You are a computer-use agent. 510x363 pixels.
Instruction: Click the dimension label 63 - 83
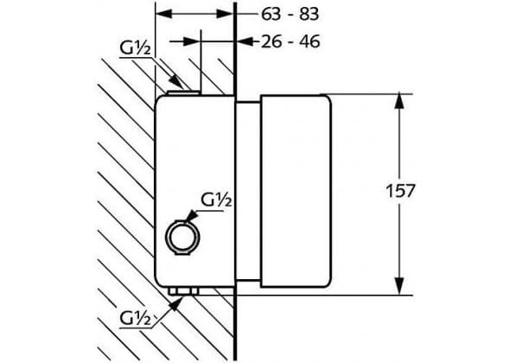[290, 15]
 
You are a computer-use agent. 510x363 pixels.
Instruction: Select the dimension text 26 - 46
[290, 41]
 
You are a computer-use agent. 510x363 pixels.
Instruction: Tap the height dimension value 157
[400, 191]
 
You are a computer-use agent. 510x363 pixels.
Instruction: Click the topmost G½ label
[136, 48]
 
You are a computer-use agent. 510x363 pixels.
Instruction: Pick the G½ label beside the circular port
[216, 200]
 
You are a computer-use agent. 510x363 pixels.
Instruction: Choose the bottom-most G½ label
[136, 318]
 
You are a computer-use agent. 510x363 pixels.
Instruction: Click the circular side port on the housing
[182, 237]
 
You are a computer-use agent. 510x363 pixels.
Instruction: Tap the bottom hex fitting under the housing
[182, 290]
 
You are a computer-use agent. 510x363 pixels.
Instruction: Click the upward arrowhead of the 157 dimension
[399, 101]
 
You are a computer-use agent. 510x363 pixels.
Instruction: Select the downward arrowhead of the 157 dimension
[399, 287]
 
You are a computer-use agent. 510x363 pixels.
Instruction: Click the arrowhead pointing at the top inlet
[177, 81]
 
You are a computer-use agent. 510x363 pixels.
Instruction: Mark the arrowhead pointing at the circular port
[191, 215]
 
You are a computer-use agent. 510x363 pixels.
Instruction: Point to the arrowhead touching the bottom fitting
[176, 304]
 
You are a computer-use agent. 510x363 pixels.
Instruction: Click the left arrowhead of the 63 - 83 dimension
[164, 14]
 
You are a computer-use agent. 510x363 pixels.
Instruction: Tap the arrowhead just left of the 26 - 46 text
[245, 41]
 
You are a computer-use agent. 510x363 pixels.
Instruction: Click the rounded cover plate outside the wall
[296, 192]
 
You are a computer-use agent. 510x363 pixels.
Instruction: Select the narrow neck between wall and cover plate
[248, 191]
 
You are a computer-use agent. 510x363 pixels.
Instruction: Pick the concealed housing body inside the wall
[194, 192]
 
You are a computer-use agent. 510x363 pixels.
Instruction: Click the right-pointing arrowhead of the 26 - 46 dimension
[193, 41]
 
